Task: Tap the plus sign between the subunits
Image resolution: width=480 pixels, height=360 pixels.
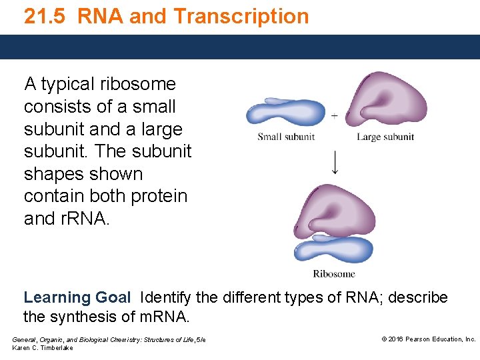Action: pyautogui.click(x=334, y=116)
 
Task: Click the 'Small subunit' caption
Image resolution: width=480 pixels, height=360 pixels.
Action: pyautogui.click(x=286, y=137)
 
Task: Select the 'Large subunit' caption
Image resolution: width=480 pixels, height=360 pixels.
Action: pyautogui.click(x=385, y=137)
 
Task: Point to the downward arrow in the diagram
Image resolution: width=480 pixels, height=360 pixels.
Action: pyautogui.click(x=335, y=161)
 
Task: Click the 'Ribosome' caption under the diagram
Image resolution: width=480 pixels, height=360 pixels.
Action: pyautogui.click(x=334, y=273)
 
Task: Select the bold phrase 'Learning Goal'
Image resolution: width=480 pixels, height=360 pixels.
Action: pyautogui.click(x=77, y=297)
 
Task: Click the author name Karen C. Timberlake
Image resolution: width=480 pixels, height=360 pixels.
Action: pyautogui.click(x=43, y=349)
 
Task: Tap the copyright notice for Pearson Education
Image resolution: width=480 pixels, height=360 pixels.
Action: pyautogui.click(x=428, y=339)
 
